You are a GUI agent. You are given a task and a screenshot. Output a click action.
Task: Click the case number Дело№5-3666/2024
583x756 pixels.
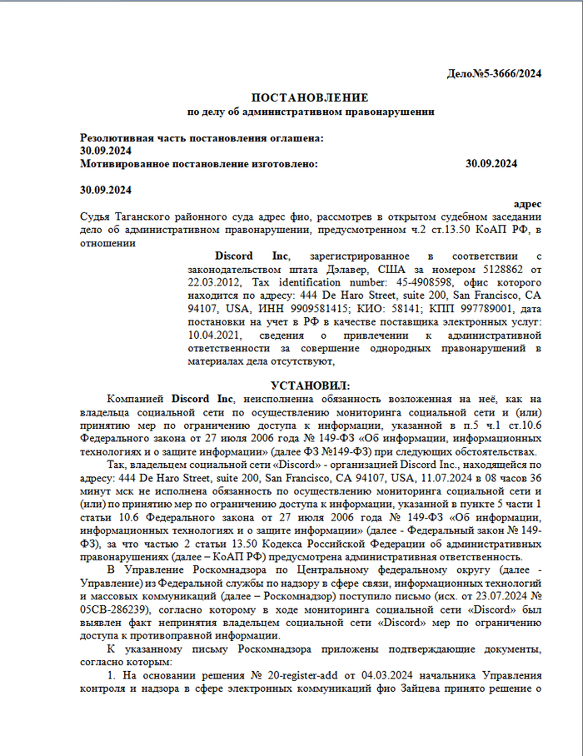click(x=495, y=73)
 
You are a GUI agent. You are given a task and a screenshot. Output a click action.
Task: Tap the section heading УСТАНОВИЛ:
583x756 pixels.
click(x=310, y=385)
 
